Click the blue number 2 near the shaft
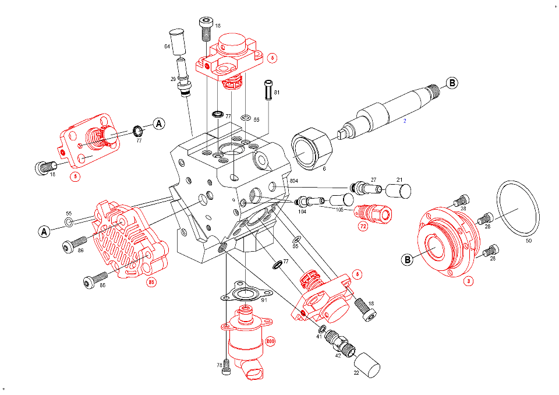coord(405,121)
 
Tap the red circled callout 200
coord(270,341)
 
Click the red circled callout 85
coord(151,283)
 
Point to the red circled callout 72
coord(363,227)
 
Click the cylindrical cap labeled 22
coord(367,365)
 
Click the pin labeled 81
coord(268,90)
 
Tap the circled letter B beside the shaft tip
coord(452,83)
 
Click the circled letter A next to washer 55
coord(44,232)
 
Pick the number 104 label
coord(302,212)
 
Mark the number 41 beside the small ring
coord(319,336)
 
